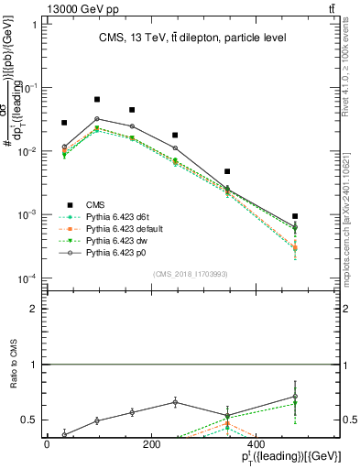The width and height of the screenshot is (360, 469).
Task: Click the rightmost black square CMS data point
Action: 295,216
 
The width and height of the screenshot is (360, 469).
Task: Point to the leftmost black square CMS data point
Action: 64,123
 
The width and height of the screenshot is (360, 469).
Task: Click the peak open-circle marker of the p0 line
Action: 97,118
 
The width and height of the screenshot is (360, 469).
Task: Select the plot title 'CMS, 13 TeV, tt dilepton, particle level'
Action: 192,38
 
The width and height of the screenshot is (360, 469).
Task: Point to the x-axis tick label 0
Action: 48,444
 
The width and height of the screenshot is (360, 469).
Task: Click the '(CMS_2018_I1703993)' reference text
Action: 191,274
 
